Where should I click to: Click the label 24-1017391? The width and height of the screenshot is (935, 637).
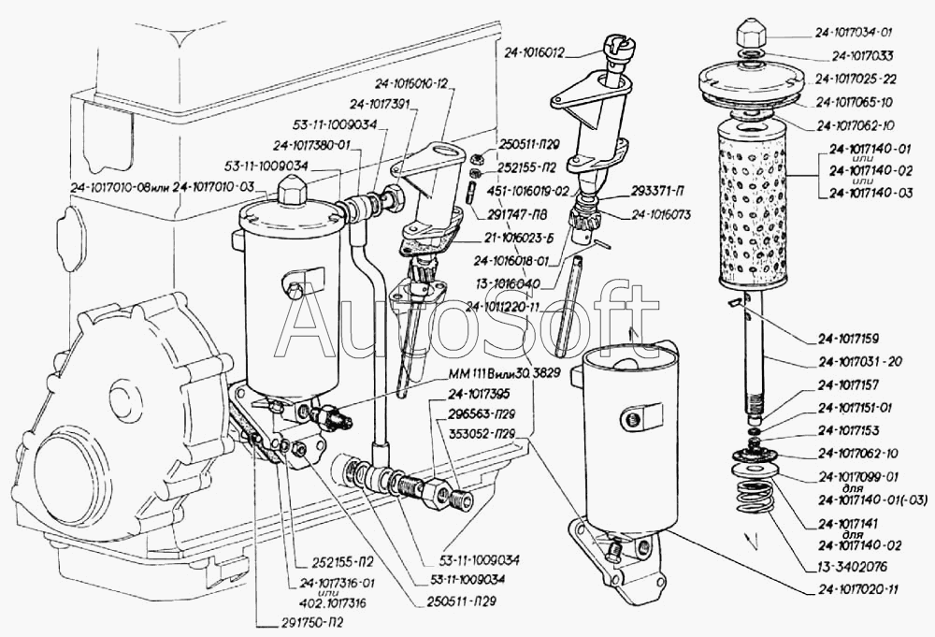(x=381, y=104)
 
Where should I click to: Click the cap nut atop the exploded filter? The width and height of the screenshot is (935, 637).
(x=753, y=36)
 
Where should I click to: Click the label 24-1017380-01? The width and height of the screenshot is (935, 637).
(x=311, y=145)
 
